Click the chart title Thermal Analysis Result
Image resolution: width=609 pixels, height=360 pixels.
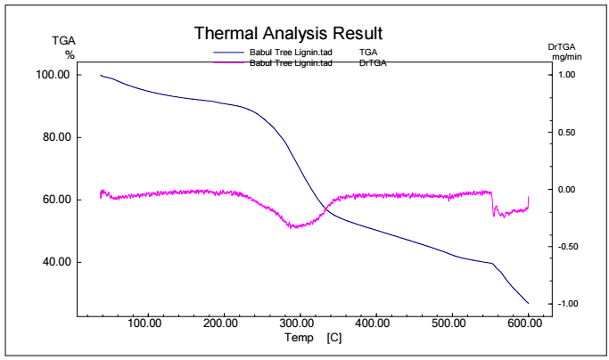pyautogui.click(x=288, y=34)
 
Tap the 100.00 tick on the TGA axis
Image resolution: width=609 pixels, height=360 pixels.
pyautogui.click(x=52, y=75)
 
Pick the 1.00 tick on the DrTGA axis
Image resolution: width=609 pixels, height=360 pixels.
pyautogui.click(x=567, y=75)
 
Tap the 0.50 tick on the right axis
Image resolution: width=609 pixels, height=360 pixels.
pyautogui.click(x=567, y=132)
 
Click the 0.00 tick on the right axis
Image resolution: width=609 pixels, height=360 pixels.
pyautogui.click(x=567, y=190)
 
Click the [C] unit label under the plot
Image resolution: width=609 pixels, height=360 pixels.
pyautogui.click(x=334, y=338)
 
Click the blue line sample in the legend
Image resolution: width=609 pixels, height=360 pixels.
pyautogui.click(x=229, y=54)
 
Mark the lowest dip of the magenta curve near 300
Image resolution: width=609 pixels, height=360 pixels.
pyautogui.click(x=292, y=227)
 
